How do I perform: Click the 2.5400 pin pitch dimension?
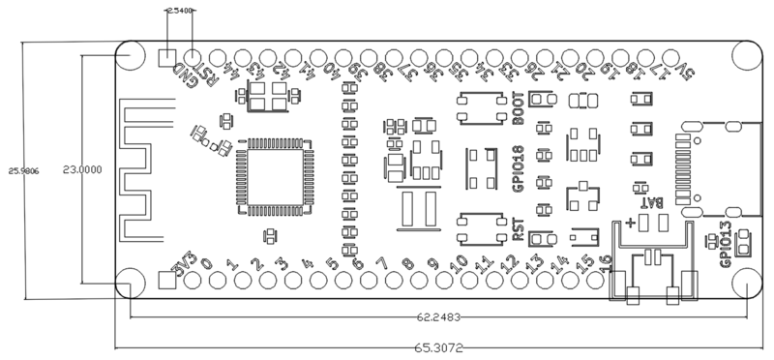tap(180, 10)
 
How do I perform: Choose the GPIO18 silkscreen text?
tap(519, 170)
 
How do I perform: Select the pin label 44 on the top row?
tap(230, 71)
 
